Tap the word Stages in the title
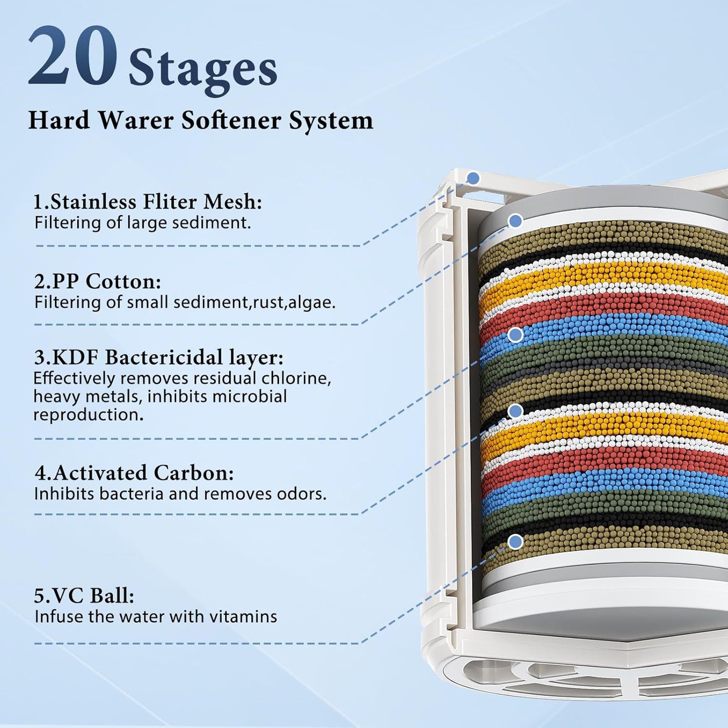pyautogui.click(x=203, y=71)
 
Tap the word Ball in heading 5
pyautogui.click(x=112, y=596)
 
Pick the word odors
pyautogui.click(x=303, y=494)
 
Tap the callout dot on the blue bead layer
pyautogui.click(x=516, y=335)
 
